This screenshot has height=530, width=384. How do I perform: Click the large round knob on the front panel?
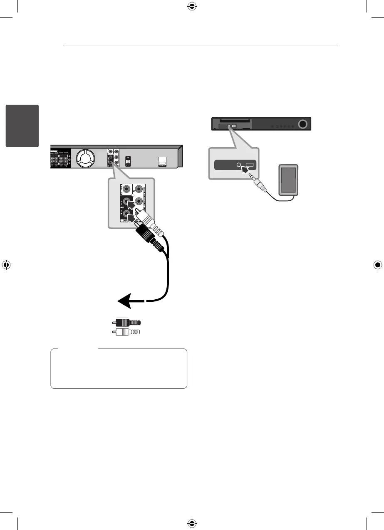click(x=303, y=124)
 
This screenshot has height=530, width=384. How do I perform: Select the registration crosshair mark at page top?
click(x=192, y=7)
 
